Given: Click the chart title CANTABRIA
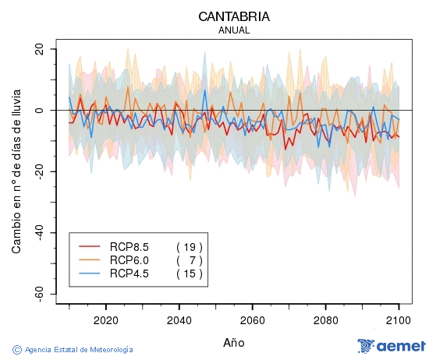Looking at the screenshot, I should (234, 16).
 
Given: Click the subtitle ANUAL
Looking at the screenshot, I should (234, 30).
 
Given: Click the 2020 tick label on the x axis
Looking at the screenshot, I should (105, 320).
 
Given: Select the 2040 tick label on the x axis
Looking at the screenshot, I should (179, 320).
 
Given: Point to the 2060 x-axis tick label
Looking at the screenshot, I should (252, 320).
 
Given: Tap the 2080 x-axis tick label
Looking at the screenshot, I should (325, 320).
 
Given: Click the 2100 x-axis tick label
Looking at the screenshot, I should (399, 320).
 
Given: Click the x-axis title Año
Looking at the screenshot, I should (234, 342).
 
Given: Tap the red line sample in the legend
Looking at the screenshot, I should (90, 247).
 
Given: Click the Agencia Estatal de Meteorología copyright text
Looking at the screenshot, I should (73, 350).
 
